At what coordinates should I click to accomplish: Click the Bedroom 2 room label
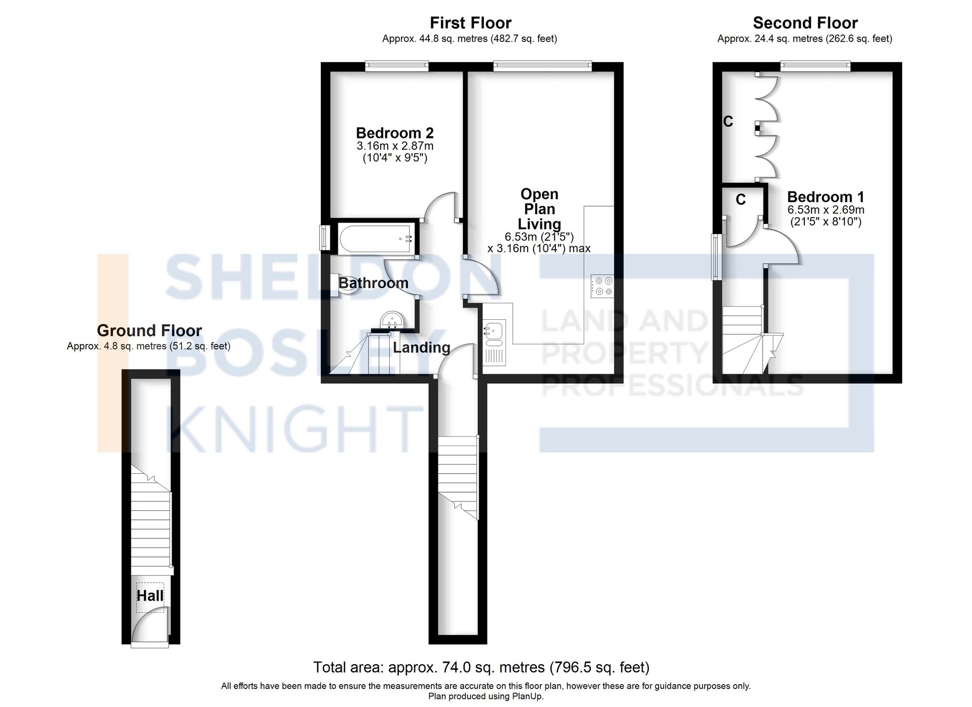point(395,133)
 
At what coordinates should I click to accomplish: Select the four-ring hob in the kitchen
point(602,286)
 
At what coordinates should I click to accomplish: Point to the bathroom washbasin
point(392,320)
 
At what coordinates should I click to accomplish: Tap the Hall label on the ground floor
point(150,596)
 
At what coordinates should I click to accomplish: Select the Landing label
point(421,347)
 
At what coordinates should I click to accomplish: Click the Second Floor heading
point(805,23)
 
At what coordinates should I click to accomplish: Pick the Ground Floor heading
point(149,330)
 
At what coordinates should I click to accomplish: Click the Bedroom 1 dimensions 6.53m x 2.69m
point(826,210)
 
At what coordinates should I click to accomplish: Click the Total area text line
point(481,668)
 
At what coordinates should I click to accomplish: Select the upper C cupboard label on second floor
point(728,121)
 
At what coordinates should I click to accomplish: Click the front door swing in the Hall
point(151,627)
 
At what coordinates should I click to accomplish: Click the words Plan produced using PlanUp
point(486,696)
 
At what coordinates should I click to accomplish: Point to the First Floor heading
point(470,23)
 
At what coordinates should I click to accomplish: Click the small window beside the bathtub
point(325,238)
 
